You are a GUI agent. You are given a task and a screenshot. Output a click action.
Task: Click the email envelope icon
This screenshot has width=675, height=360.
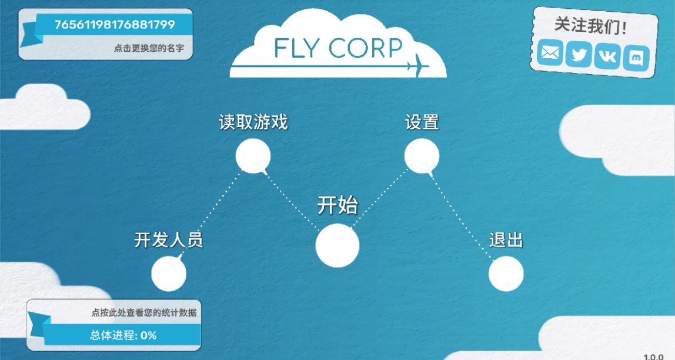click(x=550, y=53)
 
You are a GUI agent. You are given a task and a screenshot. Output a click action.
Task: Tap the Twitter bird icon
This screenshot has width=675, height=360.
click(x=579, y=55)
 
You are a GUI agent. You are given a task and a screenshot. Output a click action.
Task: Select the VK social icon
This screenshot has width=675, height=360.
click(x=607, y=57)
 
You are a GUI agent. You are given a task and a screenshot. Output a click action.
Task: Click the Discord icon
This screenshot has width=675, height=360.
click(x=636, y=58)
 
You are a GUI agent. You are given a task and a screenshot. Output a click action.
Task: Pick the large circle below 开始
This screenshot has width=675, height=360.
click(x=337, y=246)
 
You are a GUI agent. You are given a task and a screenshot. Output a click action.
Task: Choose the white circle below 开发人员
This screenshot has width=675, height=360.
click(x=169, y=274)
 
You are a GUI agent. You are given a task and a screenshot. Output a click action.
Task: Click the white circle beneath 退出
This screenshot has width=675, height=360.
click(x=506, y=274)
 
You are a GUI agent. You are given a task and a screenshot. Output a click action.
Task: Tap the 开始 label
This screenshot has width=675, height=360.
click(x=337, y=205)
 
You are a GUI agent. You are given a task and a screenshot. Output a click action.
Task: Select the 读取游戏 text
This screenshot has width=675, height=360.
click(x=253, y=122)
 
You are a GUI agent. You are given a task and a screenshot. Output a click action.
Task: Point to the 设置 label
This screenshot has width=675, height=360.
click(x=422, y=122)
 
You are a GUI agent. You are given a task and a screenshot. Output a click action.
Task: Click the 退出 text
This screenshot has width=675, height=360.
click(x=506, y=240)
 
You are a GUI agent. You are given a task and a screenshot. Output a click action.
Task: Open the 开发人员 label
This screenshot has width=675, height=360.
click(x=169, y=240)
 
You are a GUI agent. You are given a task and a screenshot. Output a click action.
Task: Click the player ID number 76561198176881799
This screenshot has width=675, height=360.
click(x=115, y=25)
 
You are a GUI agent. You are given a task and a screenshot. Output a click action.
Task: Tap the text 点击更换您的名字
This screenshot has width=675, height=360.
click(x=149, y=48)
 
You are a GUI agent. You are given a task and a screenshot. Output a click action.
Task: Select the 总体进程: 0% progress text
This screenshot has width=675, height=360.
click(x=123, y=335)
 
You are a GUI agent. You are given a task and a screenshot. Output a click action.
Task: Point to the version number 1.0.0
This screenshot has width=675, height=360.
click(x=653, y=356)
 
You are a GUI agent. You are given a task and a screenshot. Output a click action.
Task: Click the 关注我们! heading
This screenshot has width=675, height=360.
click(x=590, y=26)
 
